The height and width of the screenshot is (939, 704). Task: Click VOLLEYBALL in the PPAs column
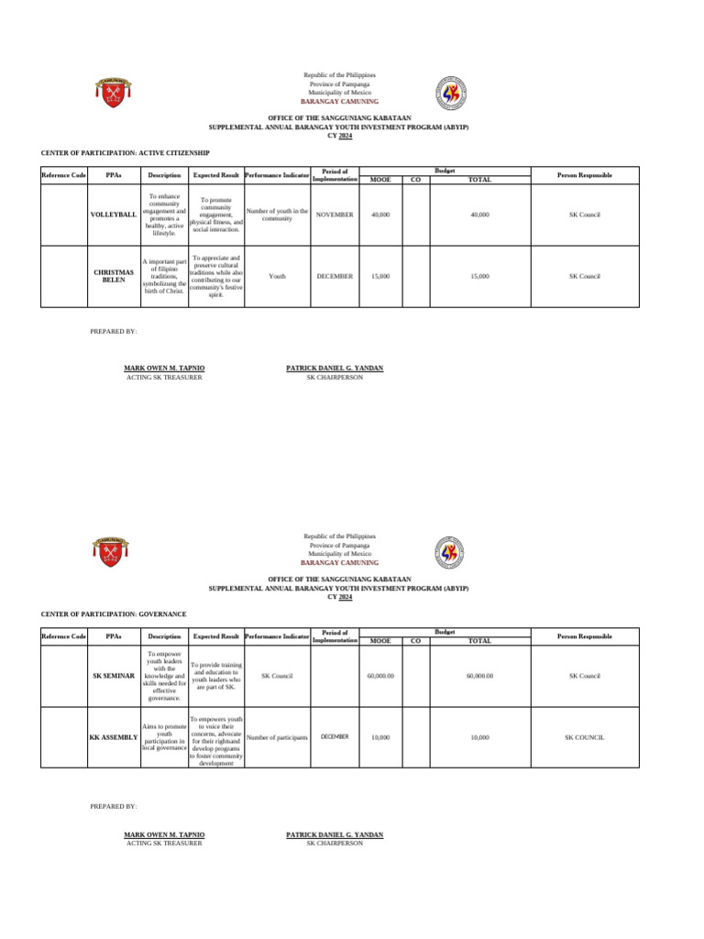pos(113,215)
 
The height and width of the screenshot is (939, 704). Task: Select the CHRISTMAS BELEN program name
pos(113,276)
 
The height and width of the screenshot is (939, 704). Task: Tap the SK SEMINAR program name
pos(113,676)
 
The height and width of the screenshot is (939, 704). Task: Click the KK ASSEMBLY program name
pos(113,737)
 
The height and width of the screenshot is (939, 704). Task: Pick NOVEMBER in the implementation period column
pos(335,215)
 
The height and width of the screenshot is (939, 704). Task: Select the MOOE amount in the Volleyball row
pos(379,215)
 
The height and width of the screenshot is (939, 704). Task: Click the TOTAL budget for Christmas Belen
pos(479,276)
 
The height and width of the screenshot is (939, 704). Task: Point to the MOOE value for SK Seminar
pos(379,676)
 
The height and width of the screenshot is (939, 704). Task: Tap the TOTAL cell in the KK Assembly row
pos(479,737)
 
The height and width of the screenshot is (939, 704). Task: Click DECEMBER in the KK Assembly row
pos(335,736)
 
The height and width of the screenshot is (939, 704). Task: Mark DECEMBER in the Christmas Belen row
pos(335,276)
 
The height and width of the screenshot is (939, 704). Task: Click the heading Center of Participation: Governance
pos(114,613)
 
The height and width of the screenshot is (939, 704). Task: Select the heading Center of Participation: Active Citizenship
pos(126,152)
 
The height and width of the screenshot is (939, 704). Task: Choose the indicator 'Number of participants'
pos(277,737)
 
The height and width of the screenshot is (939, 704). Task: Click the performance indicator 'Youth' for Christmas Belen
pos(277,276)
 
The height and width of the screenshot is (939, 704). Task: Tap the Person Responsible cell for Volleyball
pos(584,215)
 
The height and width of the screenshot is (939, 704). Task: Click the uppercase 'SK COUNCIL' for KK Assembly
pos(584,737)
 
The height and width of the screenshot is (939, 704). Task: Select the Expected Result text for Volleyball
pos(215,215)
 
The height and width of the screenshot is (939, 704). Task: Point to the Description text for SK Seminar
pos(164,676)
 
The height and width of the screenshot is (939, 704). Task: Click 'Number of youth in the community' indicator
pos(277,215)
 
